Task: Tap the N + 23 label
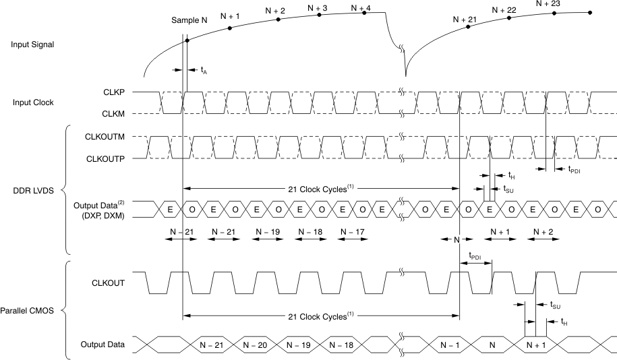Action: coord(549,3)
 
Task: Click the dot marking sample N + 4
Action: coord(364,13)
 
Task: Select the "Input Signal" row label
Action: coord(33,44)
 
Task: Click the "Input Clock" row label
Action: coord(33,102)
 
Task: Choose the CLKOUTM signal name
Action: coord(102,137)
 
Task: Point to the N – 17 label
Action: coord(353,232)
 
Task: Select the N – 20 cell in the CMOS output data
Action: coord(254,344)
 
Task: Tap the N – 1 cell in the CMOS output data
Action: coord(448,344)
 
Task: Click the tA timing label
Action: coord(204,69)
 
